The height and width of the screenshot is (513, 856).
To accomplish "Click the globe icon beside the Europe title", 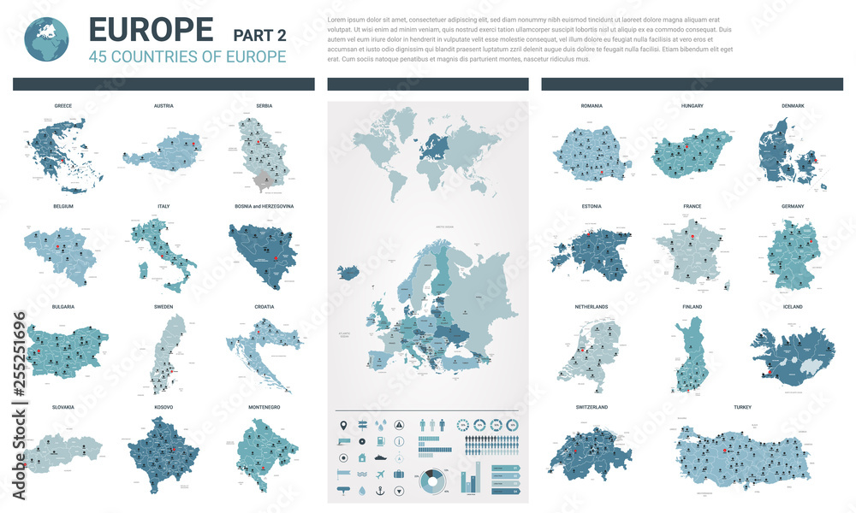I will pyautogui.click(x=48, y=38).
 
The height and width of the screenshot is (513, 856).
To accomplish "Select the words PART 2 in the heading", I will pyautogui.click(x=261, y=34).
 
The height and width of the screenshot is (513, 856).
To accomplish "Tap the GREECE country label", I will pyautogui.click(x=62, y=106).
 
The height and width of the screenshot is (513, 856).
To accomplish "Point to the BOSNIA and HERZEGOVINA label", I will pyautogui.click(x=264, y=206).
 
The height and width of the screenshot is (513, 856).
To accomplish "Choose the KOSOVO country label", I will pyautogui.click(x=163, y=407).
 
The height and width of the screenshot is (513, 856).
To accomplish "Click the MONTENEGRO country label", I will pyautogui.click(x=264, y=407).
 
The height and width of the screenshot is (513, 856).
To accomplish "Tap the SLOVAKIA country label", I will pyautogui.click(x=62, y=407).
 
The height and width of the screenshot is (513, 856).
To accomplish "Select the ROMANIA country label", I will pyautogui.click(x=591, y=106).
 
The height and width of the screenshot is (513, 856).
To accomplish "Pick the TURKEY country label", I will pyautogui.click(x=741, y=407).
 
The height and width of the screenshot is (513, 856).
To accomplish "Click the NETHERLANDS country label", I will pyautogui.click(x=591, y=307).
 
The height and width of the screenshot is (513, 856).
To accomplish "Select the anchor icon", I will pyautogui.click(x=399, y=490).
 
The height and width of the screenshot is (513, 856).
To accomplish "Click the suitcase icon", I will pyautogui.click(x=399, y=474).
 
